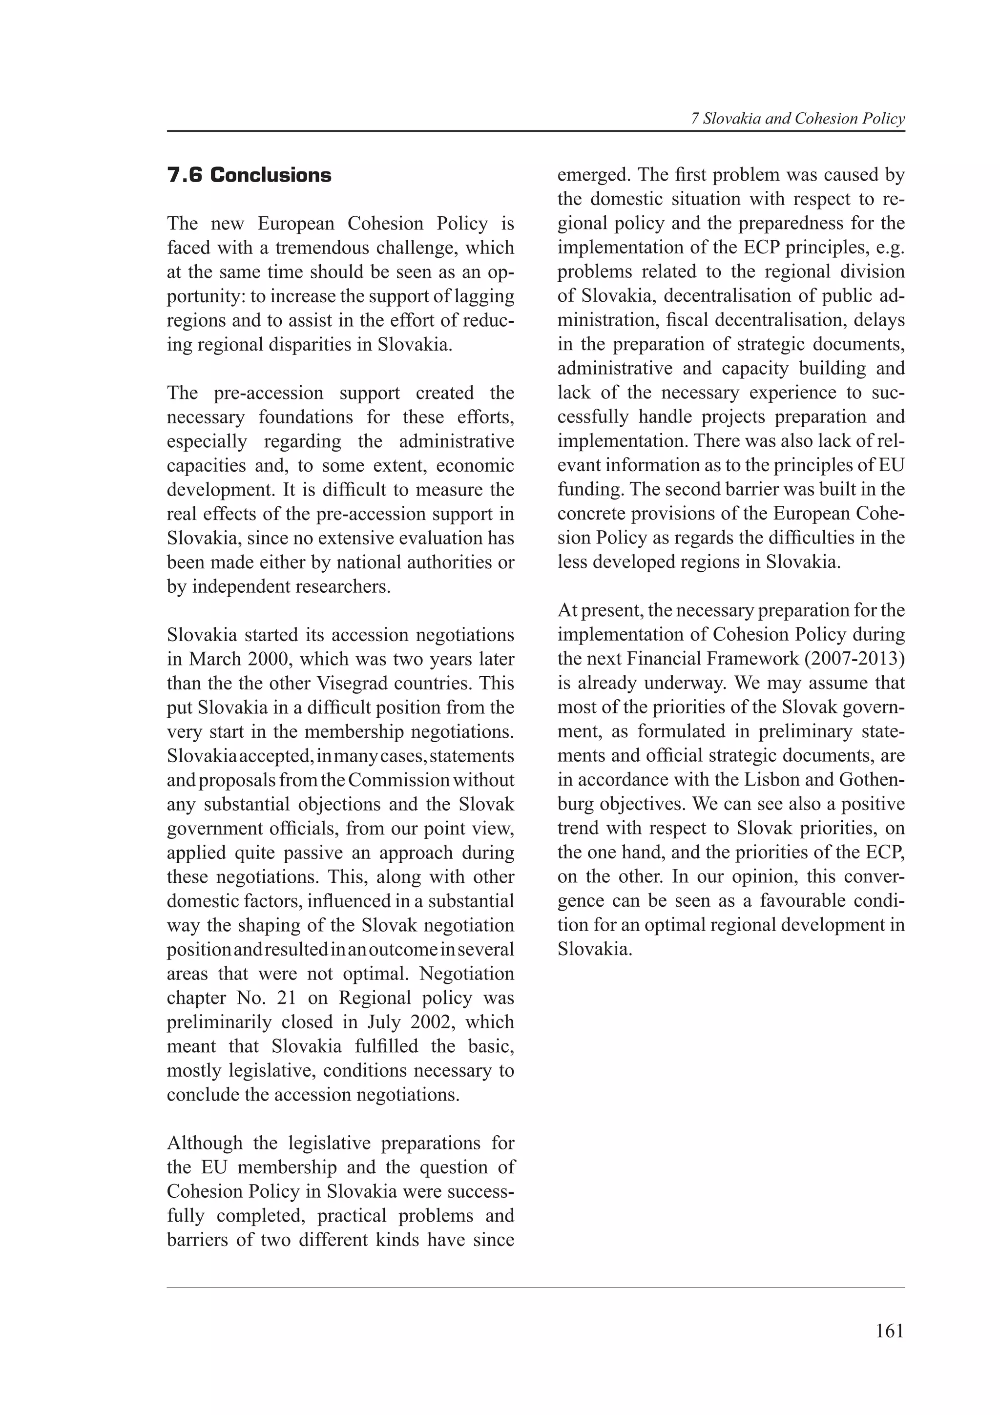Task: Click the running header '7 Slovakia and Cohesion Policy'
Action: (797, 119)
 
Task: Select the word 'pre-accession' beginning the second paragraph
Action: (269, 393)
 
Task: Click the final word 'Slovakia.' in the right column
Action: (595, 949)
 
